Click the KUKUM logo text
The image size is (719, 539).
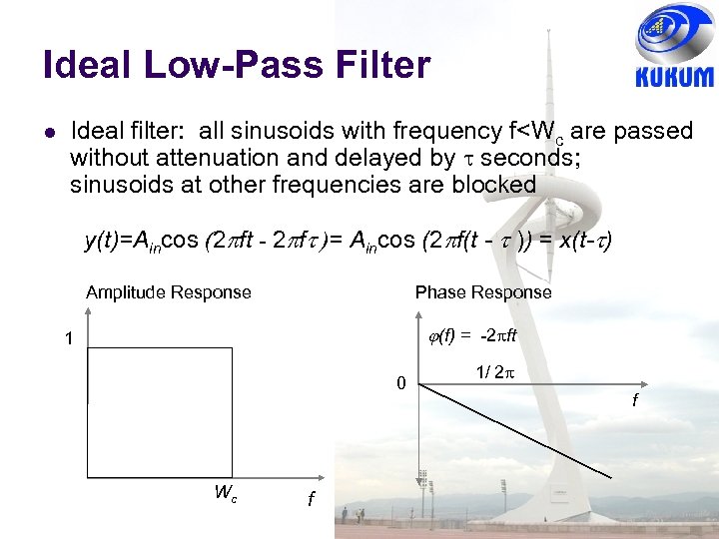pos(674,78)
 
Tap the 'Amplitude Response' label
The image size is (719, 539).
pos(168,292)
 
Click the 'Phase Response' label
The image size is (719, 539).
pos(483,292)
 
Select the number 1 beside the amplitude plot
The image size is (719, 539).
pos(68,339)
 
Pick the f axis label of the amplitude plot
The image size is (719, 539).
pos(312,499)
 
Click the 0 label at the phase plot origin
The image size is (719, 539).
pos(399,383)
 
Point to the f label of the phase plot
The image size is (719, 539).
pos(635,402)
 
